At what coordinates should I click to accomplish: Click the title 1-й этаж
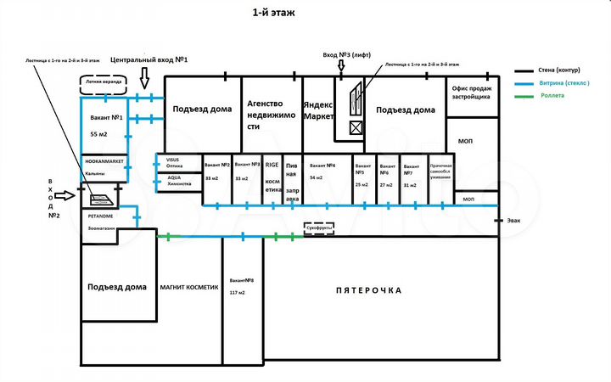(275, 13)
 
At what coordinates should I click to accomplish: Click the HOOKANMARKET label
(104, 160)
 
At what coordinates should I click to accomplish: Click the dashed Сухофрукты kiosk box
(319, 228)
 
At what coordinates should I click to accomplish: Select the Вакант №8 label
(241, 280)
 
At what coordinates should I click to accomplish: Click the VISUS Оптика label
(173, 162)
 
